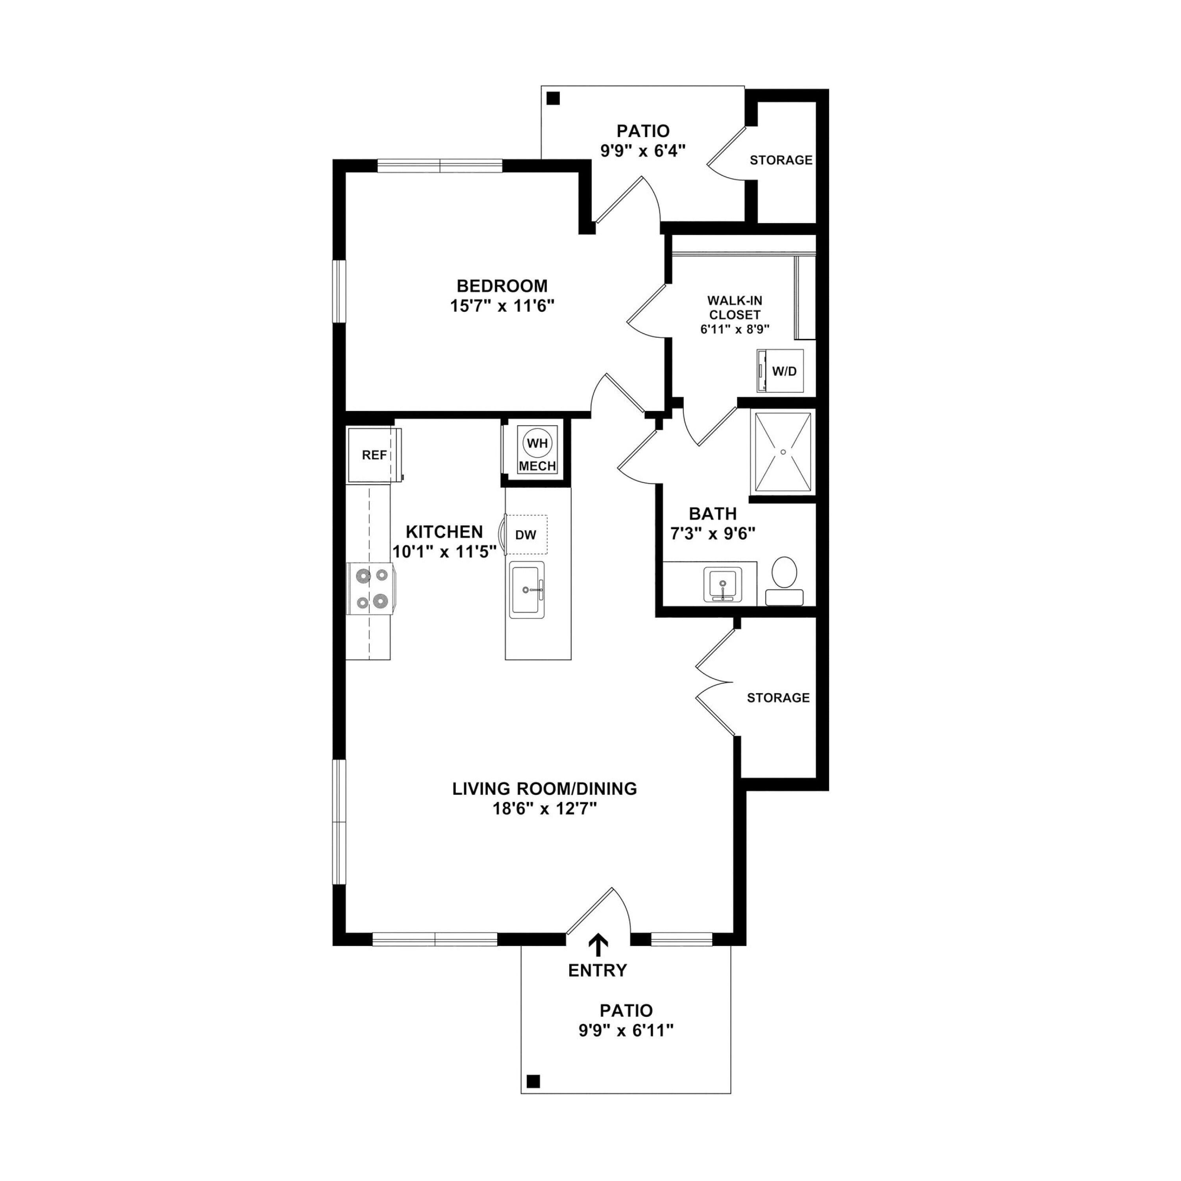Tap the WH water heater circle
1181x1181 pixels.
point(537,443)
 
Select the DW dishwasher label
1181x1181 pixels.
point(526,535)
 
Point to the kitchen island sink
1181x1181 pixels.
point(526,589)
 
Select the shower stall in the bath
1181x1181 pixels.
point(783,452)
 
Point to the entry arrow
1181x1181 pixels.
point(598,945)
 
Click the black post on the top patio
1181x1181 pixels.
point(553,98)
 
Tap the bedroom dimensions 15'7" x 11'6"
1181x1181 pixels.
point(502,305)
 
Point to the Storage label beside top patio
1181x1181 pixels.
point(781,160)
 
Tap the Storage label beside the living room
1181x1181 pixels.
point(778,698)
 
